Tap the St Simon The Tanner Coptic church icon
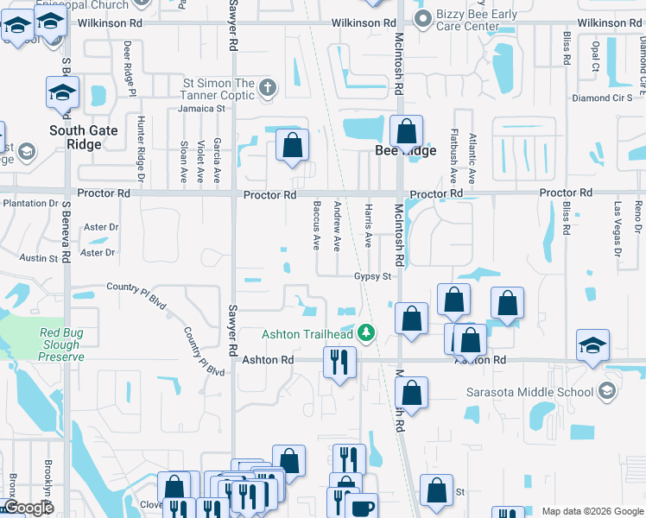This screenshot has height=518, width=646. (x=268, y=87)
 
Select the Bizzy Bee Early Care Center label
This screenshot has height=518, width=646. (x=468, y=20)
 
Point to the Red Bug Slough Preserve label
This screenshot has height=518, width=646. (x=61, y=344)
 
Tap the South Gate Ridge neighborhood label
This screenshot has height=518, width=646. (x=87, y=138)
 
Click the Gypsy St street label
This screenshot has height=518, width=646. (x=373, y=277)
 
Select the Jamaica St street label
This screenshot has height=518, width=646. (x=201, y=109)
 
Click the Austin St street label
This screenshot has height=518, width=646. (x=39, y=258)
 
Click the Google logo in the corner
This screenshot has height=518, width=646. (x=28, y=508)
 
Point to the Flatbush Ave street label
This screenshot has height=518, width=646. (x=453, y=156)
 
